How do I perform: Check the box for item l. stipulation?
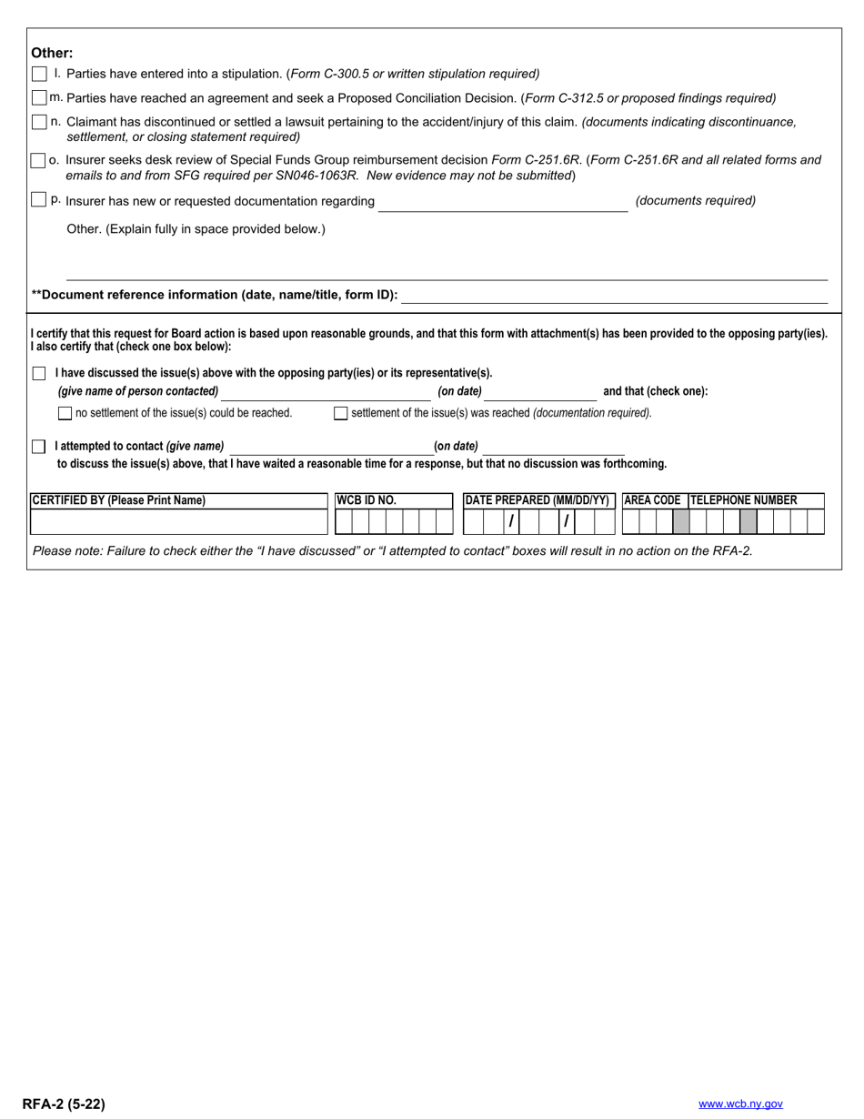tap(39, 74)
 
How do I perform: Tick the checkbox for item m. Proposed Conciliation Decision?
tap(39, 97)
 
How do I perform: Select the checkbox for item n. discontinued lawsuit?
tap(39, 122)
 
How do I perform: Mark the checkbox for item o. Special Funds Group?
tap(38, 160)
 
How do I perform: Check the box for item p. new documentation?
tap(39, 200)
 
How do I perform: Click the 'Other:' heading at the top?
tap(52, 53)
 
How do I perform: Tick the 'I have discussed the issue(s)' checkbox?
tap(39, 373)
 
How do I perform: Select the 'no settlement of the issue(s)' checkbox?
tap(65, 413)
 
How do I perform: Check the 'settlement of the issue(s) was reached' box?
tap(341, 413)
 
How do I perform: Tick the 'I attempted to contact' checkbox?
tap(39, 447)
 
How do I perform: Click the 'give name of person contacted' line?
tap(326, 393)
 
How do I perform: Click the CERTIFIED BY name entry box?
tap(178, 522)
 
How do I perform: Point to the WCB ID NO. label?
tap(367, 500)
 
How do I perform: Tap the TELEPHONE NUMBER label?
tap(744, 500)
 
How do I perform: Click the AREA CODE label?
tap(652, 500)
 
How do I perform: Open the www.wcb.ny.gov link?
tap(740, 1104)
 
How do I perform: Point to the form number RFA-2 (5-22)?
tap(64, 1104)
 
